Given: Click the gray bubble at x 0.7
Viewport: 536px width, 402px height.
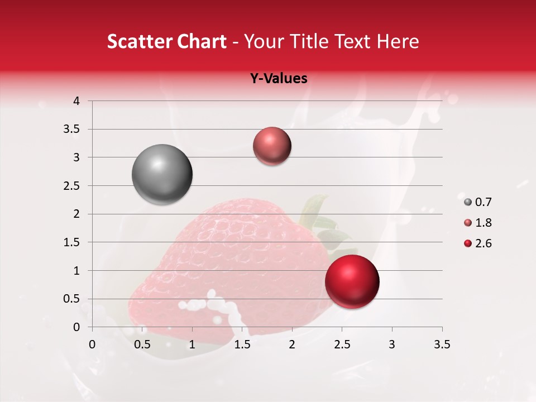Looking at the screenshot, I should [x=162, y=174].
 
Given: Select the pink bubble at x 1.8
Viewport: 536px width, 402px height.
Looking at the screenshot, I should [x=272, y=146].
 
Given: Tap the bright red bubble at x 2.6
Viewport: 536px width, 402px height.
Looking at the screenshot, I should [x=352, y=281].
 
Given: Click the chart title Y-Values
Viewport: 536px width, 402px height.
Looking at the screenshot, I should [x=278, y=79].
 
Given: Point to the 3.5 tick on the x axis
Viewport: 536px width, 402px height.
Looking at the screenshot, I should [x=442, y=344].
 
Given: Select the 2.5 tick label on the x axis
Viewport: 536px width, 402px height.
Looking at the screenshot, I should [x=342, y=344].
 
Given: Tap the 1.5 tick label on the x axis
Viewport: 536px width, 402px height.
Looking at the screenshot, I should [x=242, y=344].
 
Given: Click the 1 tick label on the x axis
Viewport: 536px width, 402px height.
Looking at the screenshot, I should [x=192, y=344].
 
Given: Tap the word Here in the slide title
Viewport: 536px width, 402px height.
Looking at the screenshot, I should [x=397, y=41].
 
